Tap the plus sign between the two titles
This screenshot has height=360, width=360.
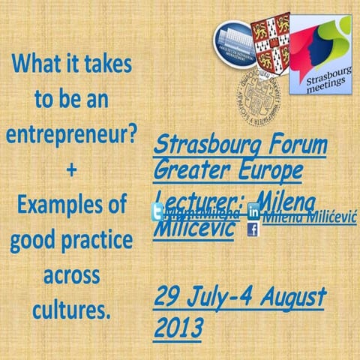(x=71, y=170)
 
